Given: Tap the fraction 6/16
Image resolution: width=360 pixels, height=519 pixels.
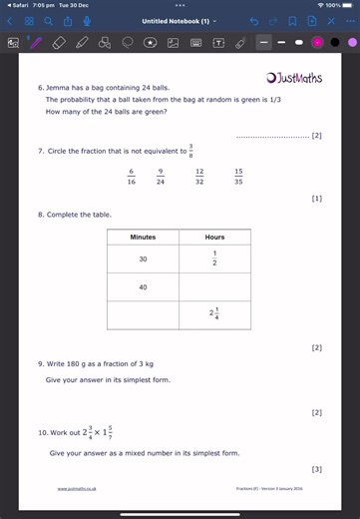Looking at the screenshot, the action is point(131,176).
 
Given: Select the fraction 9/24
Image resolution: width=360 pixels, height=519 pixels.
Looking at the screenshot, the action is point(160,176).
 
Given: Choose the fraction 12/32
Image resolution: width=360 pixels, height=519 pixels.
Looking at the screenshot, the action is point(199,176).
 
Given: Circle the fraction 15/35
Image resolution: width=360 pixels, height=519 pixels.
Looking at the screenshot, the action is point(238,176).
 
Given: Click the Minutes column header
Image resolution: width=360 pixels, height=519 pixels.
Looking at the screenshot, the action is point(143,238).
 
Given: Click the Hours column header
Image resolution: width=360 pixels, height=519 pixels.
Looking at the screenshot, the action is point(214,238).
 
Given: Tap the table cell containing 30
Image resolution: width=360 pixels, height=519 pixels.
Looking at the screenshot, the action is point(143,259).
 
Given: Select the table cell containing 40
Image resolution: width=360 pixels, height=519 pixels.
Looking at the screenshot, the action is point(143,287).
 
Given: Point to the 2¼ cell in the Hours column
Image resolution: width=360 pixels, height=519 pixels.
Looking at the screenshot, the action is point(214,314).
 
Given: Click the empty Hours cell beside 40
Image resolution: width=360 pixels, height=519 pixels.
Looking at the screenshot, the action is point(214,287).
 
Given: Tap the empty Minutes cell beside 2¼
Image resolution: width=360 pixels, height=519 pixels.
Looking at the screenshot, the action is point(143,314).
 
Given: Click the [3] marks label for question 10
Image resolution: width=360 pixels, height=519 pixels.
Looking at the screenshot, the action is point(316,469).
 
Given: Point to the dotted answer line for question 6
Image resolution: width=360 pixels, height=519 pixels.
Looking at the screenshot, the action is point(272,136).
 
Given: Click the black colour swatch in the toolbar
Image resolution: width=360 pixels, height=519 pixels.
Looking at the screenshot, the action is point(334,43).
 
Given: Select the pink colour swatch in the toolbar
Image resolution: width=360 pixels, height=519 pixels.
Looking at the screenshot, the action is point(317,43).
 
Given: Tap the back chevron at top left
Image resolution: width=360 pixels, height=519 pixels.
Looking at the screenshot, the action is point(9,21).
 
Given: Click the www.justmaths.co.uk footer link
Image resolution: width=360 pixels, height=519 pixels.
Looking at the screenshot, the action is point(76,489).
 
